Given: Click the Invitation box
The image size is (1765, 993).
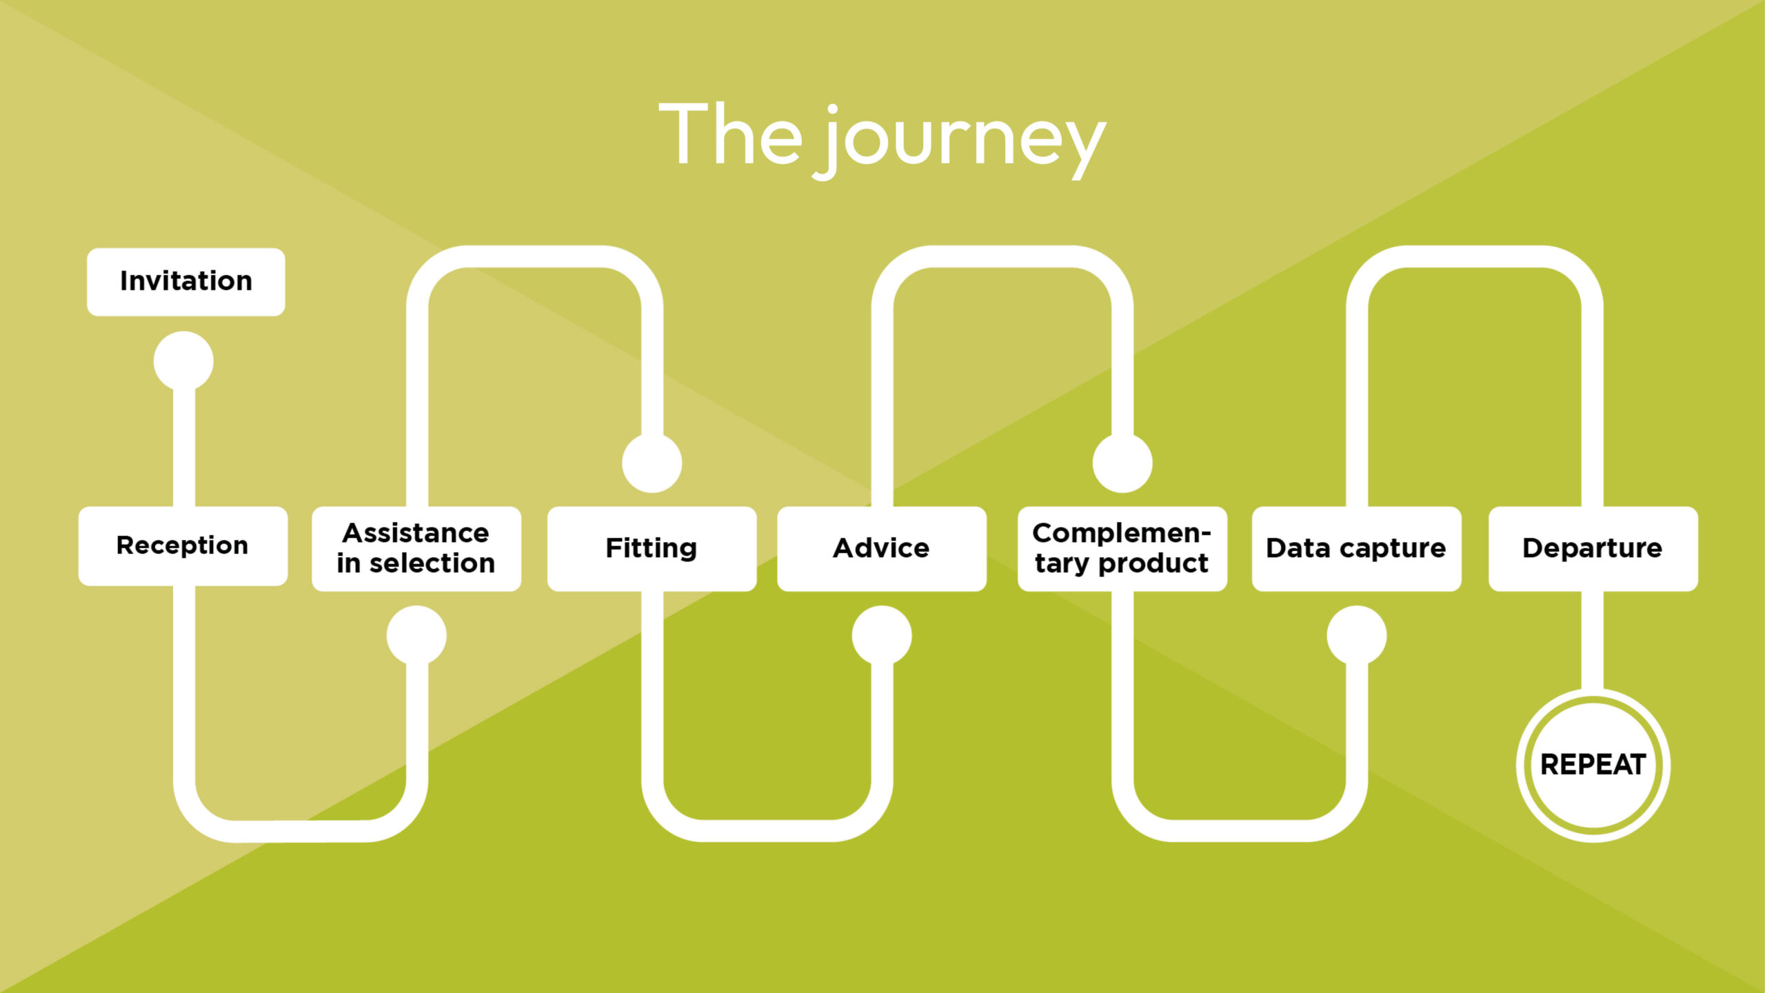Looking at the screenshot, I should click(x=185, y=282).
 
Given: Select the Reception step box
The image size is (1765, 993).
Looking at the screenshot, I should click(x=183, y=546).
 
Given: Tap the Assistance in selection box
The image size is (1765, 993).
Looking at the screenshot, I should click(x=416, y=549).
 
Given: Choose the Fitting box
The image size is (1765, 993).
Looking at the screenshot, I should click(x=652, y=549).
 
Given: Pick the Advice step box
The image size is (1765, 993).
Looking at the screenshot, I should click(x=881, y=549).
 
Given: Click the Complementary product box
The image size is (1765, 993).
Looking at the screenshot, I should click(x=1122, y=549).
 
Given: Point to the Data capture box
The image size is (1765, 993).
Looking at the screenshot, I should click(x=1356, y=549).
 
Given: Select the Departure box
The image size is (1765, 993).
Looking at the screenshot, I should click(x=1593, y=549).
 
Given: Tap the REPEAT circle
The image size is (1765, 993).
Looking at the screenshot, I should click(x=1593, y=765).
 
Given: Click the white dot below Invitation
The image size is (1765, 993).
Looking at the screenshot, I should click(x=183, y=361).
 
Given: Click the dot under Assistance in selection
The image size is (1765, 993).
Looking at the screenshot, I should click(x=416, y=635).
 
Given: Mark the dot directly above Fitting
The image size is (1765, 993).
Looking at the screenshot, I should click(x=652, y=463).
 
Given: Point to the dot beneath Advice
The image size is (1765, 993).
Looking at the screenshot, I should click(x=882, y=635).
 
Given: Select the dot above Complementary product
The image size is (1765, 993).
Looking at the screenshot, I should click(x=1122, y=463).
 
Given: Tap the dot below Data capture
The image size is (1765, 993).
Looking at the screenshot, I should click(x=1357, y=635).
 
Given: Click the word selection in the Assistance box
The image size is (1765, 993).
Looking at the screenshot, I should click(x=432, y=564).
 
